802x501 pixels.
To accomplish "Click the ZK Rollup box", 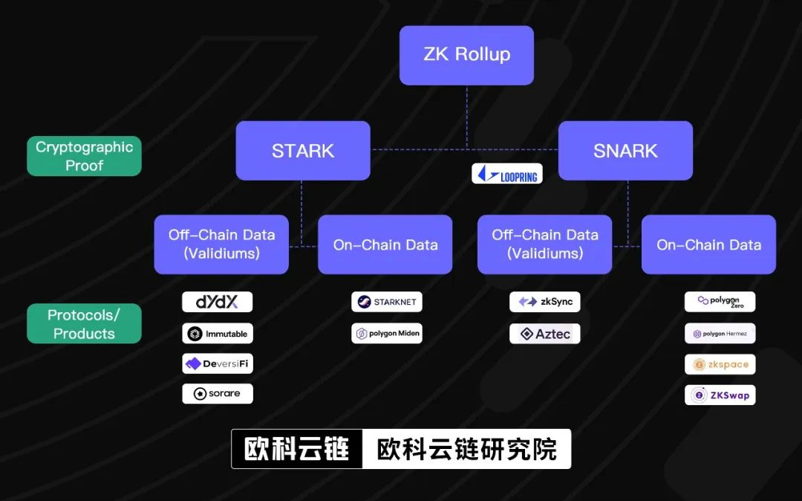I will point(466,55).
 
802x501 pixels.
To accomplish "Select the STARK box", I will point(303,151).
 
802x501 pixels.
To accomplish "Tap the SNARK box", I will point(625,151).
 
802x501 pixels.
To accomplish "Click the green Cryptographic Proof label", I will point(84,156).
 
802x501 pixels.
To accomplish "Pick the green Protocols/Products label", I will point(84,324).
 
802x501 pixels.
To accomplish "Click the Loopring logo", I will point(507,174).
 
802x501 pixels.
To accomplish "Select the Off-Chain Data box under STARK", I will point(221,245).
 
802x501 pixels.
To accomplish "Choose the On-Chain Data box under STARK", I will point(385,245).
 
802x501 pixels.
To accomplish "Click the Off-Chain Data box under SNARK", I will point(544,245).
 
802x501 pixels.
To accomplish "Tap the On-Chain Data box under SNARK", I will point(708,245).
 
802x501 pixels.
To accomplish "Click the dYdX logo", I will point(218,302).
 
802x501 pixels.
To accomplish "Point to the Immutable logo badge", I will point(218,334).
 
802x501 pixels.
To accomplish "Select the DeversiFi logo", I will point(218,363).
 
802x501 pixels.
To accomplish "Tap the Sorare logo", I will point(218,394).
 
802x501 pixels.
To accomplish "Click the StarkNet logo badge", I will point(387,302).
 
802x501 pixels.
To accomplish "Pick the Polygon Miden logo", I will point(387,334).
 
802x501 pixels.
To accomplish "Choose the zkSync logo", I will point(544,302).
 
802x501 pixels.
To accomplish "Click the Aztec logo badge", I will point(544,334).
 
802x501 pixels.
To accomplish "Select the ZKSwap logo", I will point(720,395).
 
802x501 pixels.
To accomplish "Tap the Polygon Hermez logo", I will point(720,334).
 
